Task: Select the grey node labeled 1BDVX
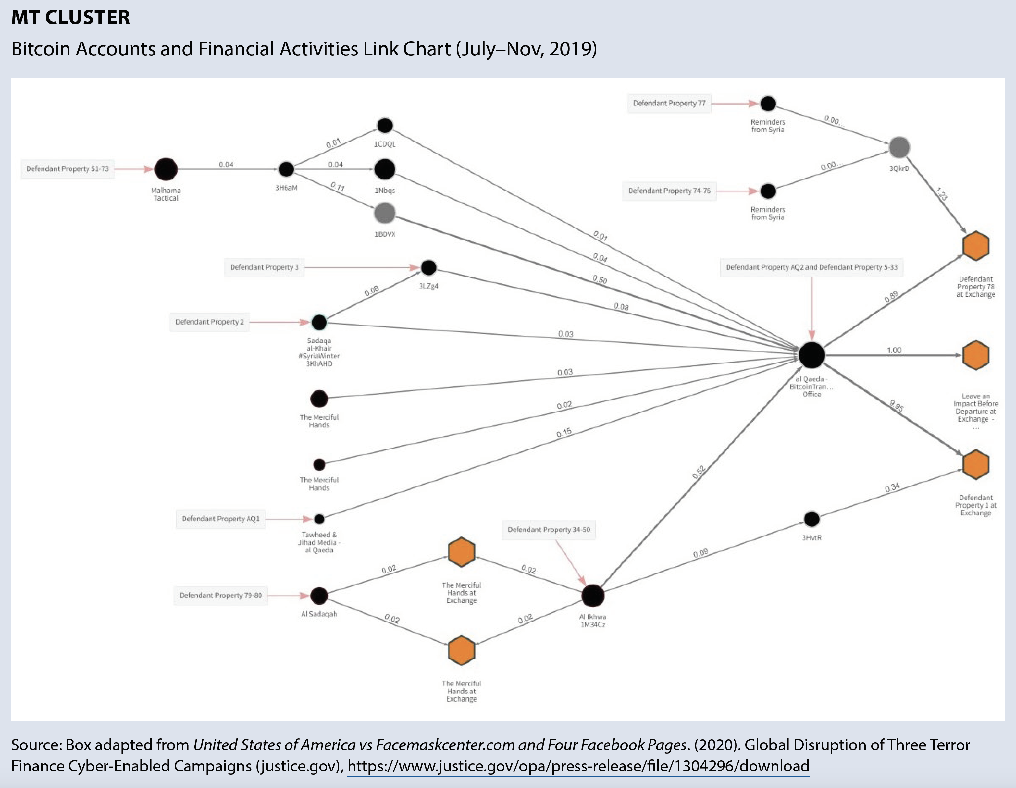tap(385, 213)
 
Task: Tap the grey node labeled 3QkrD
tap(899, 147)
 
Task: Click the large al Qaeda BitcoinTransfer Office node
tap(812, 355)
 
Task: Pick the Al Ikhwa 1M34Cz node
tap(593, 596)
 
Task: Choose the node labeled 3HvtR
tap(812, 519)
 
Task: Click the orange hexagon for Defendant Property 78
tap(975, 246)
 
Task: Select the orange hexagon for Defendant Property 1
tap(975, 464)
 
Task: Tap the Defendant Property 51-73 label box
tap(68, 169)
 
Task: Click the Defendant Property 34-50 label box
tap(549, 530)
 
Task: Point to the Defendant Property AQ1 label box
tap(220, 519)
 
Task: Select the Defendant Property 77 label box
tap(669, 103)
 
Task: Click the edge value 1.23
tap(941, 193)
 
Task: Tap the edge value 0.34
tap(892, 487)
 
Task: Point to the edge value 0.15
tap(564, 433)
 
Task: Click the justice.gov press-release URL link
tap(578, 766)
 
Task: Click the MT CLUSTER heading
tap(71, 18)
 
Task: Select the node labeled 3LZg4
tap(428, 267)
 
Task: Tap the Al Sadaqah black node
tap(319, 596)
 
